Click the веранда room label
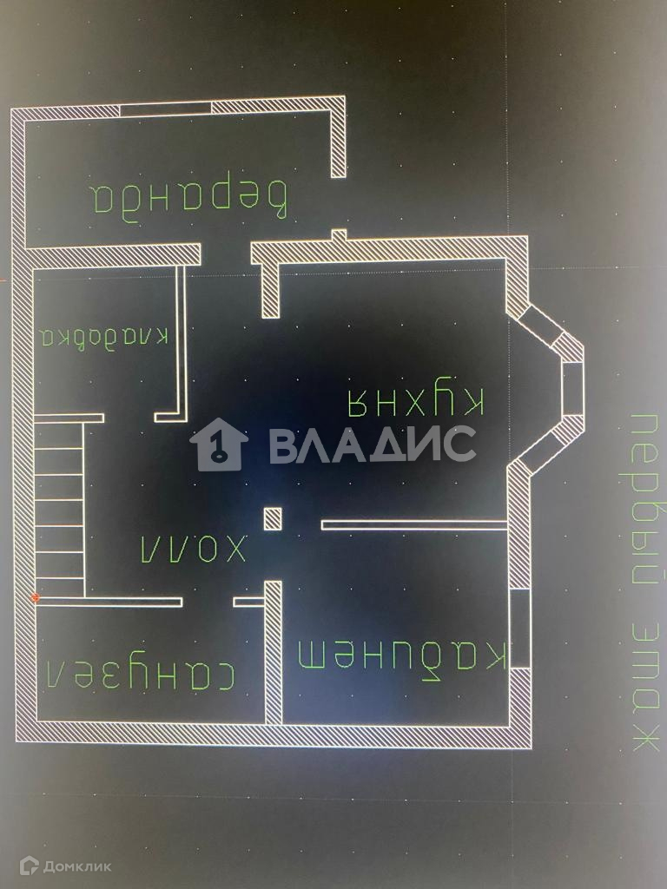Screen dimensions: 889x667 pyautogui.click(x=190, y=199)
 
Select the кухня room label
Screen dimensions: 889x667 pyautogui.click(x=415, y=401)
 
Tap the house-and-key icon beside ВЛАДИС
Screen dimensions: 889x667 pyautogui.click(x=219, y=444)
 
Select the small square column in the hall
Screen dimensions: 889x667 pyautogui.click(x=273, y=518)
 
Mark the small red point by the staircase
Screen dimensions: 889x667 pyautogui.click(x=35, y=597)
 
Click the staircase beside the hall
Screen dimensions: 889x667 pyautogui.click(x=59, y=508)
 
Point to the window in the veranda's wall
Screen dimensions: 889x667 pyautogui.click(x=165, y=109)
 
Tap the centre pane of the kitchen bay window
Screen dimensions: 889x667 pyautogui.click(x=573, y=387)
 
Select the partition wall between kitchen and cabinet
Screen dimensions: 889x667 pyautogui.click(x=413, y=524)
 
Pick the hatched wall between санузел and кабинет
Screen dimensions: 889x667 pyautogui.click(x=274, y=651)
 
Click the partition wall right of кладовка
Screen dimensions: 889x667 pyautogui.click(x=182, y=343)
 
